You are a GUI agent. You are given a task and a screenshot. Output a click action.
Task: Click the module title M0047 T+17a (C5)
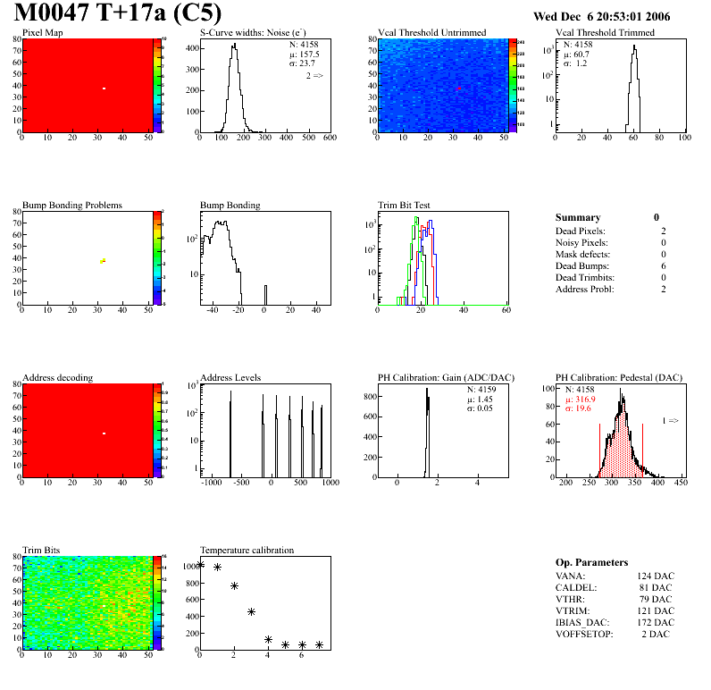coord(118,14)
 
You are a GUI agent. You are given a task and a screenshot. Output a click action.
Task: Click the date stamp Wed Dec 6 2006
coord(601,16)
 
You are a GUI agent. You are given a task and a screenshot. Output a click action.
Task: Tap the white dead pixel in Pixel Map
coord(105,88)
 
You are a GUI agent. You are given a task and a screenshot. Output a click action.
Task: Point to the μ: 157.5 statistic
coord(304,54)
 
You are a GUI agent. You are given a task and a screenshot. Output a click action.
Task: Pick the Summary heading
coord(578,217)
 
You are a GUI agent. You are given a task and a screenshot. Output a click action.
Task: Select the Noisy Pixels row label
coord(581,242)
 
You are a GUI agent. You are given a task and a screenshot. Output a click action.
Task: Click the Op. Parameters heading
coord(591,562)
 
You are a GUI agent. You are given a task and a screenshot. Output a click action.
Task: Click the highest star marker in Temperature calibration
coord(200,564)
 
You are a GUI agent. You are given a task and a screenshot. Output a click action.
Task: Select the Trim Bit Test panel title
coord(405,205)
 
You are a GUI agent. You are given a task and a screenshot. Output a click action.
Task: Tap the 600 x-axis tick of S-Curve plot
coord(330,138)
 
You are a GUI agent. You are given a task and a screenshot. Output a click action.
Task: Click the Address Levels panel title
coord(230,377)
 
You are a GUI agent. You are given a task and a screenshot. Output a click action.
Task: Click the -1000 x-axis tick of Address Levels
coord(212,482)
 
